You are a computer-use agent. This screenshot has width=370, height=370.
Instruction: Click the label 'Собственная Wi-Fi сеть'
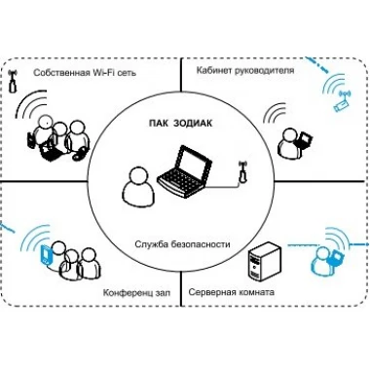85,73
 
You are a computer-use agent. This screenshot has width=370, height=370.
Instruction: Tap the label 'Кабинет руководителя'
245,70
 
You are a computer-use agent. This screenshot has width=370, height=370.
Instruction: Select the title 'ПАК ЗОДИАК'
180,124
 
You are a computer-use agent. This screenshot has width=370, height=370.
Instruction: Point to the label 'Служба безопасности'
182,244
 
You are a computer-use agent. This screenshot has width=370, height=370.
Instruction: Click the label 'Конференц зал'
136,292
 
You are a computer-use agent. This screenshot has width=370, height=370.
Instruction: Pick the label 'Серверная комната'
231,292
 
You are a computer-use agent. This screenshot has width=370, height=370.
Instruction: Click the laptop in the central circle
184,171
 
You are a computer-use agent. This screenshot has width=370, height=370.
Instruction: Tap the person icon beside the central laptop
138,186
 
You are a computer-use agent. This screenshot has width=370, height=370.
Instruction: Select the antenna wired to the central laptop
241,172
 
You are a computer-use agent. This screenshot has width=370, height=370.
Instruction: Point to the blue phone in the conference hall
46,255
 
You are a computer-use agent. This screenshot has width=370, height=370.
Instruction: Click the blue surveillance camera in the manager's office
341,101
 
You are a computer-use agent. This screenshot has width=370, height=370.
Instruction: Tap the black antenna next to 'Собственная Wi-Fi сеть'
13,82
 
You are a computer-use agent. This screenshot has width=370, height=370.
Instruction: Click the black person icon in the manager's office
287,143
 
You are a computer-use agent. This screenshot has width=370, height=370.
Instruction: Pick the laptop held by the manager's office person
304,140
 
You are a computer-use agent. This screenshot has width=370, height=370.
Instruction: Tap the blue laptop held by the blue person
335,258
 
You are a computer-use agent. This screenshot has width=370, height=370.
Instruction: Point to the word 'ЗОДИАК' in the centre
193,124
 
